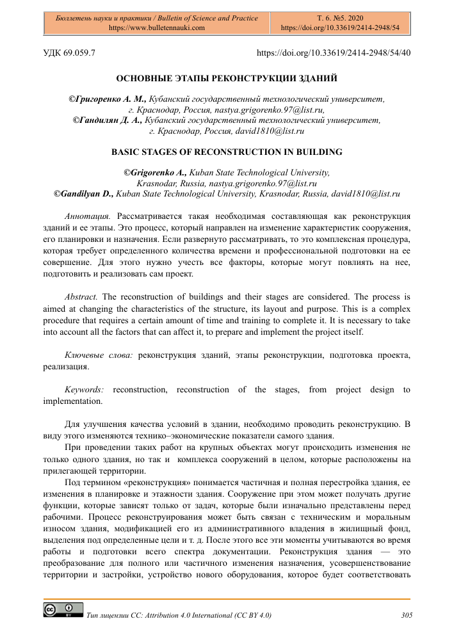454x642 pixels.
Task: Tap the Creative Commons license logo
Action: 62,610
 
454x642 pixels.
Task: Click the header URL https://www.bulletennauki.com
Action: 156,28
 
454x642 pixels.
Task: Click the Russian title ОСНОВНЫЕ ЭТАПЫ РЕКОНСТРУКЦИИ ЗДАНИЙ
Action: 227,79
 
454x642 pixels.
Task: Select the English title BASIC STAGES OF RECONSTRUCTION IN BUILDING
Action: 227,152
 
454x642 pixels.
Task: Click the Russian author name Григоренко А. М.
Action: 109,99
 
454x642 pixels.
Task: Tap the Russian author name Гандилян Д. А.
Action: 109,120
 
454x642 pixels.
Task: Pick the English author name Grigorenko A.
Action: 156,172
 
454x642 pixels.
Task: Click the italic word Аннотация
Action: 88,217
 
